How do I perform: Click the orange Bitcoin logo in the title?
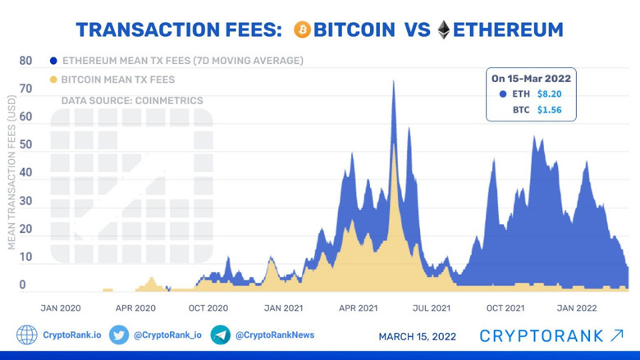tap(302, 30)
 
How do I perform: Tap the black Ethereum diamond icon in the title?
tap(444, 30)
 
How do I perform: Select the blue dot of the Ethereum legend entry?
tap(54, 61)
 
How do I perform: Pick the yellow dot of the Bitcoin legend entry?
tap(54, 80)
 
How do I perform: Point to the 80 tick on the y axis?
tap(26, 61)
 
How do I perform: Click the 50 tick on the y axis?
tap(26, 145)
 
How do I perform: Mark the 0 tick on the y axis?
tap(23, 285)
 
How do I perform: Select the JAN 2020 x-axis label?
tap(61, 308)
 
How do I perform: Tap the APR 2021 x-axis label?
tap(358, 308)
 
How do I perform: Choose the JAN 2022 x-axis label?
tap(577, 308)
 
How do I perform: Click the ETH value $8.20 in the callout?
tap(549, 94)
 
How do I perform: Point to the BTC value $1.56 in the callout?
tap(549, 110)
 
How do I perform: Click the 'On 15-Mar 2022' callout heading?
tap(531, 79)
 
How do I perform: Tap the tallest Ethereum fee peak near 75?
tap(394, 82)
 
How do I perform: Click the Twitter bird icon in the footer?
tap(119, 335)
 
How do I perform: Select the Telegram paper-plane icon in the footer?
tap(221, 335)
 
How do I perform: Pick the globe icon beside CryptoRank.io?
tap(27, 335)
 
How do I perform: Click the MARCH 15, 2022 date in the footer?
tap(417, 336)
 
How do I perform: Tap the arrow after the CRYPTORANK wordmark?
tap(617, 335)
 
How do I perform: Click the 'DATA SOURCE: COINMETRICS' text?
tap(132, 101)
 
